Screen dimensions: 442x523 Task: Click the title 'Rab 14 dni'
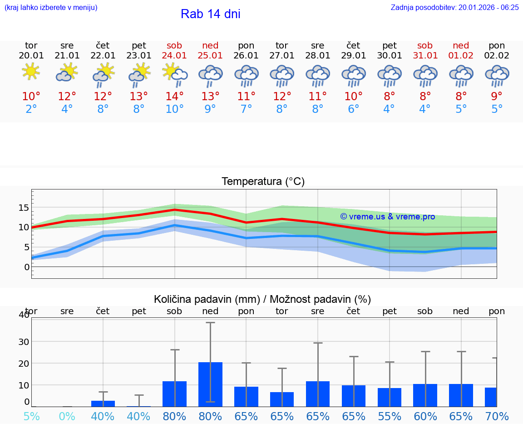[x=210, y=14]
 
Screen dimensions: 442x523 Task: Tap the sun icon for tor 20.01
[x=31, y=72]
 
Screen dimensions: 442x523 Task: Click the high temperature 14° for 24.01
[x=174, y=96]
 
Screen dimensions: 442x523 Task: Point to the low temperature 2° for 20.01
[x=31, y=109]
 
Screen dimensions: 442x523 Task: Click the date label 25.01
[x=210, y=56]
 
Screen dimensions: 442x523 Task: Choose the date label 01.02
[x=461, y=56]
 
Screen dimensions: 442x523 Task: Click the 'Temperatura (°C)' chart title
[x=263, y=182]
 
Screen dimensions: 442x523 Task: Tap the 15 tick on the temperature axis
[x=24, y=208]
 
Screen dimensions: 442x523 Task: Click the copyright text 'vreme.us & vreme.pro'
[x=387, y=217]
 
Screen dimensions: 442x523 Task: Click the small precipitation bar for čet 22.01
[x=103, y=403]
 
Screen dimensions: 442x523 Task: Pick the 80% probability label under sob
[x=174, y=416]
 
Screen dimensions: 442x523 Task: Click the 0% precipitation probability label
[x=67, y=416]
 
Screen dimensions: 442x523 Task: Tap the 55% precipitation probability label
[x=390, y=416]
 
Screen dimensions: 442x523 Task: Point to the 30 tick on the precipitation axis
[x=24, y=341]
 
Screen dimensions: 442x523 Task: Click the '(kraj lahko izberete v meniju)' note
[x=51, y=7]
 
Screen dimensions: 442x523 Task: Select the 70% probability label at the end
[x=497, y=416]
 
